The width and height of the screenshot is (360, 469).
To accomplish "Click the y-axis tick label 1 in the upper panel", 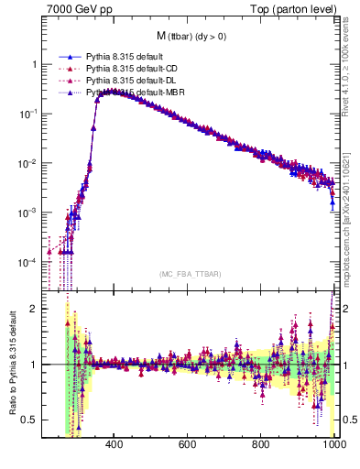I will [34, 65].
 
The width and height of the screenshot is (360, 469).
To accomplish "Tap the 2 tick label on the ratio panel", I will [34, 309].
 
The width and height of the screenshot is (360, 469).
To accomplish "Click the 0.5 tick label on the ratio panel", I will [30, 420].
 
